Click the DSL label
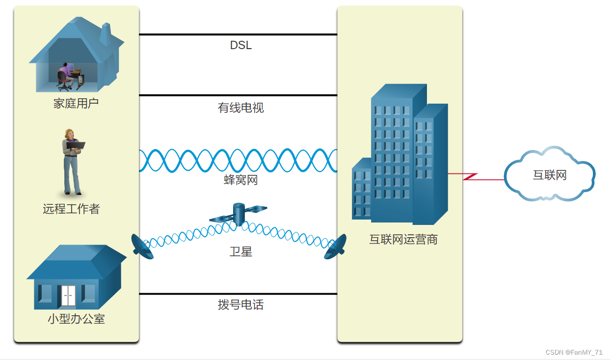click(x=240, y=46)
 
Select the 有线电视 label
click(x=240, y=108)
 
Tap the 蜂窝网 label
click(x=240, y=180)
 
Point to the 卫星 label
click(x=240, y=252)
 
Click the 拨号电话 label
click(x=240, y=305)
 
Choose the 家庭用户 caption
click(x=76, y=104)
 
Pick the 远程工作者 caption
click(x=71, y=209)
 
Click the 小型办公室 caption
click(x=76, y=319)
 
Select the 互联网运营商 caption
click(x=403, y=240)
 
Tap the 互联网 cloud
click(x=550, y=175)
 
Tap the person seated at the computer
click(x=64, y=76)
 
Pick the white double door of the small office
click(x=67, y=296)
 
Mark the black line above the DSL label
click(x=238, y=35)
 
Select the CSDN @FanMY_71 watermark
click(x=574, y=353)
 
